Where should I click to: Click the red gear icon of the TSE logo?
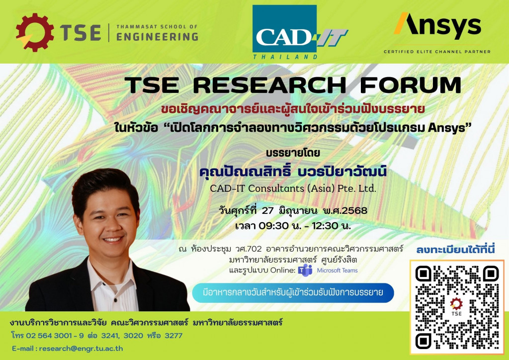(x=35, y=32)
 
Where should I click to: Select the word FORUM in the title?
(x=410, y=85)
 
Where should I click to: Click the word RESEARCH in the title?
(x=269, y=85)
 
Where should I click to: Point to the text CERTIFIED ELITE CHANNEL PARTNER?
(x=437, y=52)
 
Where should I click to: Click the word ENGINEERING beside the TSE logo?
(x=157, y=37)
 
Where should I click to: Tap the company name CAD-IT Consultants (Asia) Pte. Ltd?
(x=293, y=188)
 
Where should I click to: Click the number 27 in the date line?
(x=268, y=211)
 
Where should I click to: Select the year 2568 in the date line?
(x=354, y=211)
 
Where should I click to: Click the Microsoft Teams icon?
(x=305, y=270)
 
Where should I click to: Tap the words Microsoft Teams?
(x=338, y=270)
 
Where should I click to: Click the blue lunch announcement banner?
(x=293, y=293)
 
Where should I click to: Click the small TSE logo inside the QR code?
(x=456, y=306)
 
